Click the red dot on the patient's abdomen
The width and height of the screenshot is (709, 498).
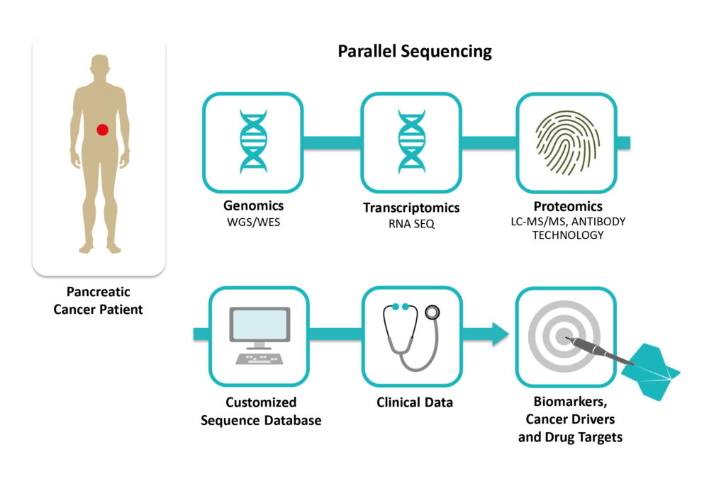(102, 130)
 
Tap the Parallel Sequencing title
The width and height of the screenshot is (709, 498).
(414, 51)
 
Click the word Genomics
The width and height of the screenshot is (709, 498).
(253, 206)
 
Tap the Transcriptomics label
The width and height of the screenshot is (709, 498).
(411, 208)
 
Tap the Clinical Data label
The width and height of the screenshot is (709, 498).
(415, 402)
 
